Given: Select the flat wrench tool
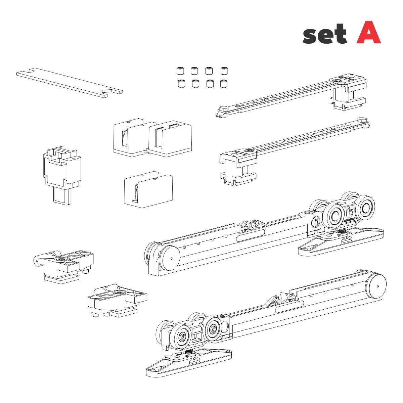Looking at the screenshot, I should click(69, 82).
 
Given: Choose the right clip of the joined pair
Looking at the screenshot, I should click(170, 138).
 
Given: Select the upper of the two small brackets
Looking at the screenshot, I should click(64, 265).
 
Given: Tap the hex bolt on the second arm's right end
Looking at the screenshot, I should click(362, 120).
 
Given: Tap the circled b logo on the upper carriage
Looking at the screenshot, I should click(316, 222).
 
